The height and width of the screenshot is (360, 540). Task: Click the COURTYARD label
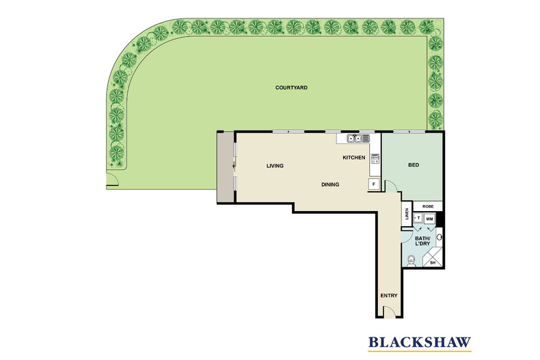click(290, 87)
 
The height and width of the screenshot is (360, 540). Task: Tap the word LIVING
click(275, 166)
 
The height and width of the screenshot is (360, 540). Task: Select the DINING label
click(331, 185)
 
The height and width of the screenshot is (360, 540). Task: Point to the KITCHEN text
click(354, 158)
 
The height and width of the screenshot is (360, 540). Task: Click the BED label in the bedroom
click(413, 165)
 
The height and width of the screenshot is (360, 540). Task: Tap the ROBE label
click(429, 206)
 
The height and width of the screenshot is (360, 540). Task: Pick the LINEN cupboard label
click(407, 214)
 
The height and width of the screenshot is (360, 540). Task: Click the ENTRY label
click(388, 296)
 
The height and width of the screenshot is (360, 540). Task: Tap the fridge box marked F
click(374, 184)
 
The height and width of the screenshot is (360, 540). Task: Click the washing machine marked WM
click(429, 219)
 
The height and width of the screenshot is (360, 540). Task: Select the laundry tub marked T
click(417, 218)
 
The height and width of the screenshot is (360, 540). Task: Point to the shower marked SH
click(433, 262)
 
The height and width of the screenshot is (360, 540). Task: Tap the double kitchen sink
click(354, 139)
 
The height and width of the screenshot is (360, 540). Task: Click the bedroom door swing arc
click(389, 185)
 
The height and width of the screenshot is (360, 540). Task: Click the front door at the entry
click(388, 313)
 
